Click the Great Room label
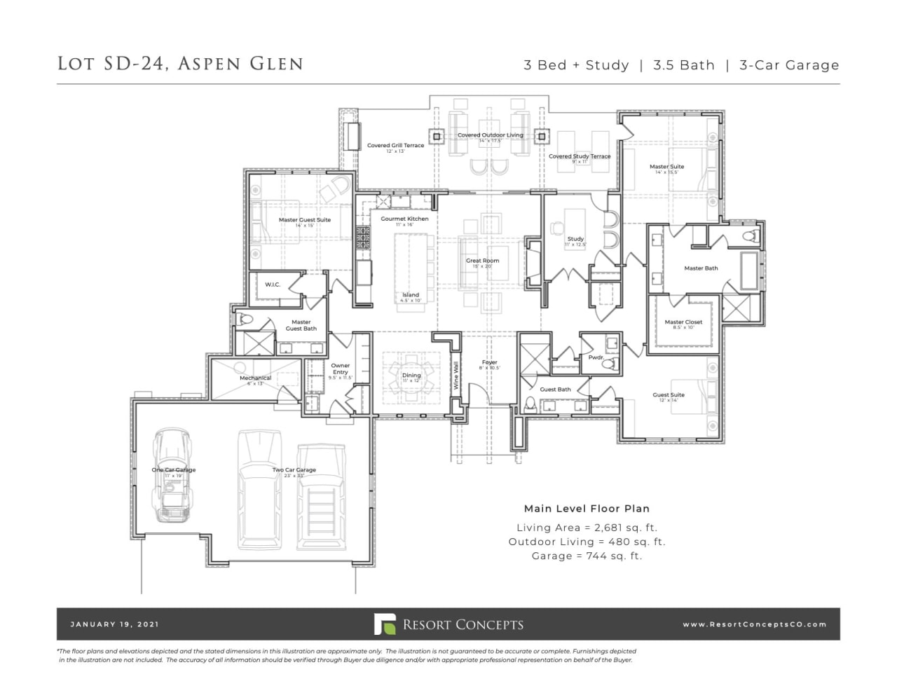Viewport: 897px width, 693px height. click(482, 261)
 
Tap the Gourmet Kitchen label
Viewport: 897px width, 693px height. click(404, 219)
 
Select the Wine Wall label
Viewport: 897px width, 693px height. click(456, 376)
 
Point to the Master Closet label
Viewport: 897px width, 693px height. click(683, 322)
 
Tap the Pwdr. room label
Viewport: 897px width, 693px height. click(596, 357)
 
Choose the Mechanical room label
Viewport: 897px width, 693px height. click(255, 378)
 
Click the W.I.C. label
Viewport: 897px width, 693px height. click(273, 284)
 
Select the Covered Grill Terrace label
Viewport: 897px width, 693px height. click(395, 146)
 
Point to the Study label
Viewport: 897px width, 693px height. click(575, 239)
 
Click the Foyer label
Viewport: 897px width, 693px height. click(489, 362)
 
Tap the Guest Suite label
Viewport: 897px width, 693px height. click(669, 395)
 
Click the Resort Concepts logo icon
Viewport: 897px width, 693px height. click(384, 624)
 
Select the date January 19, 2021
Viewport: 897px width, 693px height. click(114, 624)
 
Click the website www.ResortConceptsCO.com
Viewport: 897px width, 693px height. click(754, 624)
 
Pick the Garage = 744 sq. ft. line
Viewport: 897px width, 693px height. click(587, 556)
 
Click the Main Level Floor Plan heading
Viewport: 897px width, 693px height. click(587, 509)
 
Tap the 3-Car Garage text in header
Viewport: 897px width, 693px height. click(789, 65)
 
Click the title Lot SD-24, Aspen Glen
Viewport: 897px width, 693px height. click(180, 64)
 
